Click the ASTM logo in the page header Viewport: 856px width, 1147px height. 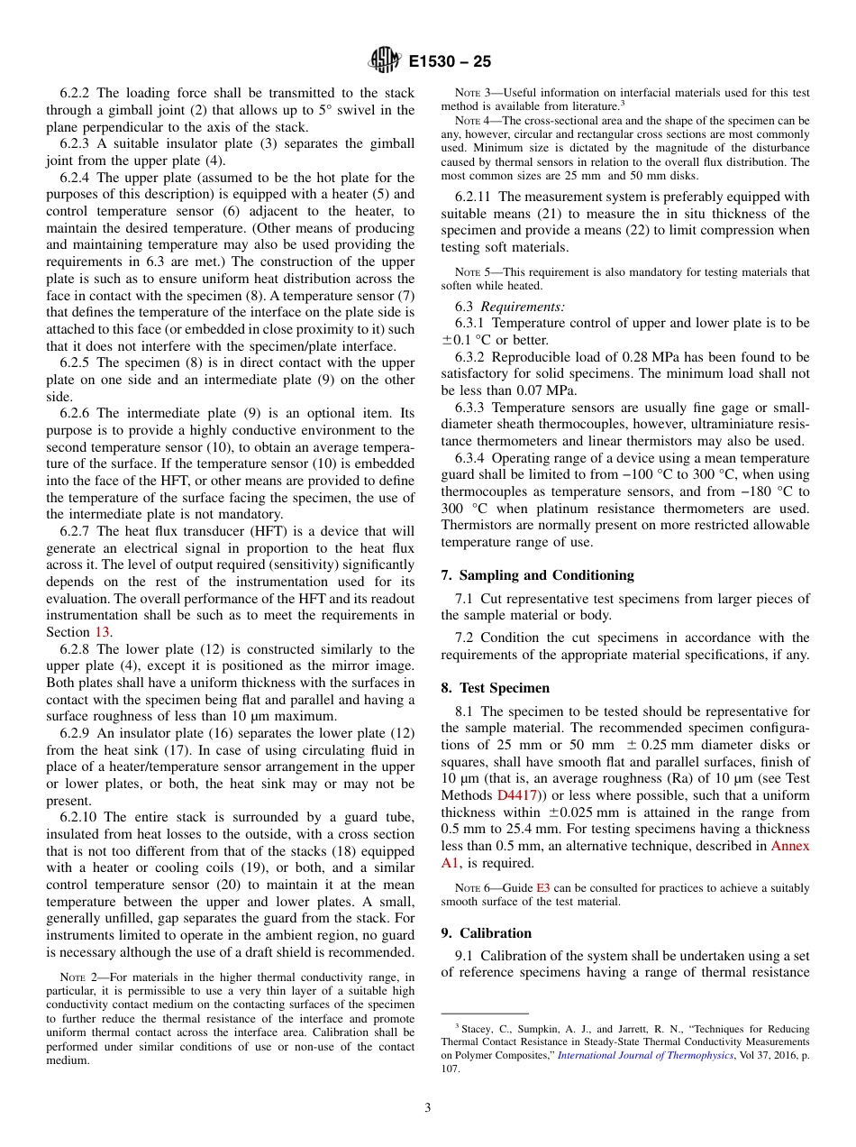point(384,61)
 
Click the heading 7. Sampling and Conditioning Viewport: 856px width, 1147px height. point(537,575)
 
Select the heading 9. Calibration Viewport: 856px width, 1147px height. point(487,933)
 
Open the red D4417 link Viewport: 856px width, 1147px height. point(517,795)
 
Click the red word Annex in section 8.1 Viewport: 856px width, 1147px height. point(789,846)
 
